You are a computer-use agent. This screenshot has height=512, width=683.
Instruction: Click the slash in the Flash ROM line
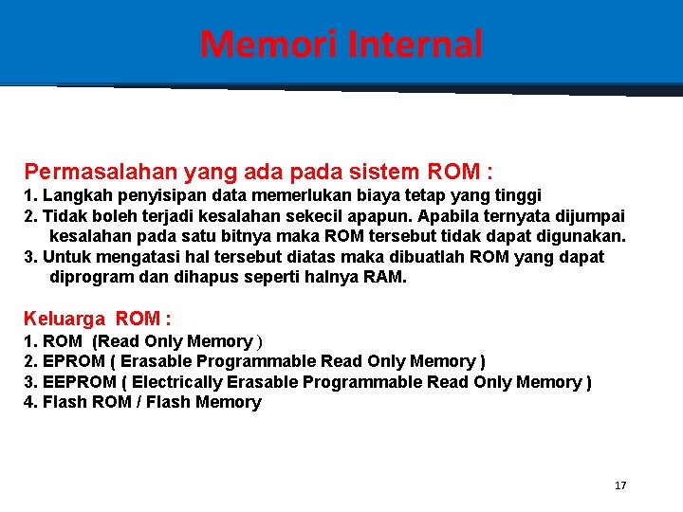[x=141, y=402]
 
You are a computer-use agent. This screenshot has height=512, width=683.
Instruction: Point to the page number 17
[x=620, y=485]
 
